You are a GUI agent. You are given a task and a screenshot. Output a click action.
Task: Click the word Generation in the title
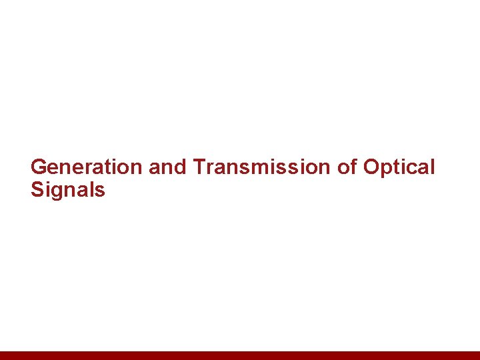tap(87, 167)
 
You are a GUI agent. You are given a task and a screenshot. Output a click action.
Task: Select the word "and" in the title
tap(167, 167)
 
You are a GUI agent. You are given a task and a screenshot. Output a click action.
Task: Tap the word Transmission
tap(262, 167)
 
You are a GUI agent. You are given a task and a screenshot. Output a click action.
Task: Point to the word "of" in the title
tap(347, 167)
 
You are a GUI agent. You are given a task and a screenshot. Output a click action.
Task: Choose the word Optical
tap(399, 167)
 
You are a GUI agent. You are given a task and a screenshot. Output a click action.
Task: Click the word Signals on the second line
tap(67, 190)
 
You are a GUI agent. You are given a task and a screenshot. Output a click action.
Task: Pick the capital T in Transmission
tap(199, 167)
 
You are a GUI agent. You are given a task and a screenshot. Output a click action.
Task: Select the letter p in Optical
tap(388, 169)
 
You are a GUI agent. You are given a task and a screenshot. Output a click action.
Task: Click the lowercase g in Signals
tap(56, 192)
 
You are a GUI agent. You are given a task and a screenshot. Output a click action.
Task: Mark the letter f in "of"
tap(353, 167)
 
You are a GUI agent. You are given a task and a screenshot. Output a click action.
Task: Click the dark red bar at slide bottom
tap(240, 355)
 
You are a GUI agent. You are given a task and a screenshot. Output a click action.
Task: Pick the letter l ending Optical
tap(431, 167)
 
